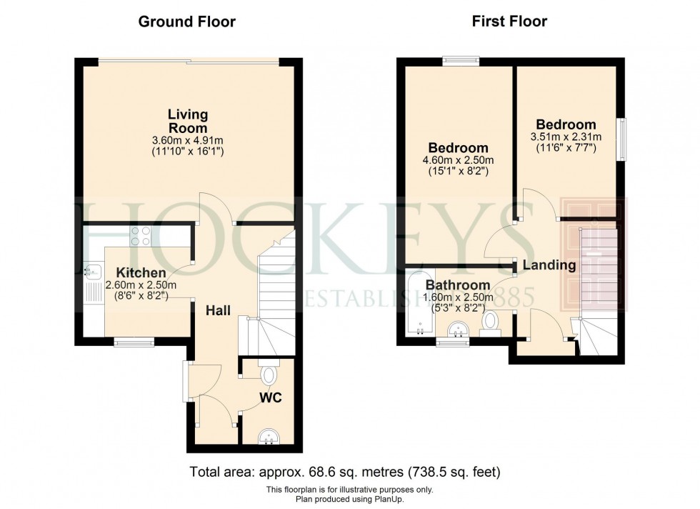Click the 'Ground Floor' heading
point(186,21)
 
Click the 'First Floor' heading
point(509,21)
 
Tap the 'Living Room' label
point(188,121)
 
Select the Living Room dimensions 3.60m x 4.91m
point(188,140)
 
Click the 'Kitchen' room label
point(141,273)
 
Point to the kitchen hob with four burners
point(140,236)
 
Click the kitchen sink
point(91,270)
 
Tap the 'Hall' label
point(218,310)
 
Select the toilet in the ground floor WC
point(269,375)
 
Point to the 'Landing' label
point(549,265)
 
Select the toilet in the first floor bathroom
point(491,322)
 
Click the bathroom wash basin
point(457,329)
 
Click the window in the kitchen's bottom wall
point(134,342)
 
